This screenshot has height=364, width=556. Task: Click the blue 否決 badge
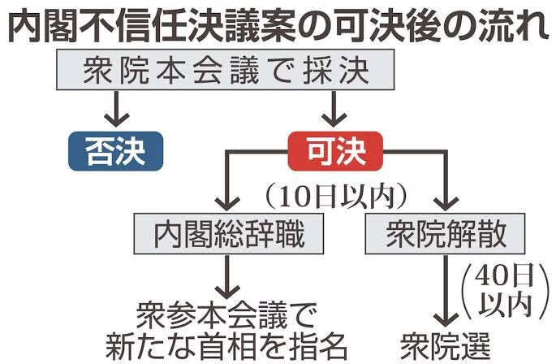pos(115,151)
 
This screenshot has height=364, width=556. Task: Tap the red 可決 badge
pos(335,151)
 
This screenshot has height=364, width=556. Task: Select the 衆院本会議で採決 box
pos(226,70)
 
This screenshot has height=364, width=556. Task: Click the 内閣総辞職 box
pos(229,234)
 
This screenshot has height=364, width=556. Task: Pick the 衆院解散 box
pos(445,234)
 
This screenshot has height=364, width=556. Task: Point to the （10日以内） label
pos(336,197)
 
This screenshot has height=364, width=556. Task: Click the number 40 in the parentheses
pos(491,276)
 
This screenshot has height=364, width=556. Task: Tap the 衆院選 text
pos(446,345)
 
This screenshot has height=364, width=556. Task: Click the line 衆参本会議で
pos(226,315)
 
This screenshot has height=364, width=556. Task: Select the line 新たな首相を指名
pos(226,346)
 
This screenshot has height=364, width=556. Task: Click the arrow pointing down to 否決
pos(116,109)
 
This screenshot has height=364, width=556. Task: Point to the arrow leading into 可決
pos(334,109)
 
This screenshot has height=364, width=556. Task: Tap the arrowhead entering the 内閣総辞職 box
pos(227,204)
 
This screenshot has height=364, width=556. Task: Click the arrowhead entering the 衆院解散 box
pos(446,204)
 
